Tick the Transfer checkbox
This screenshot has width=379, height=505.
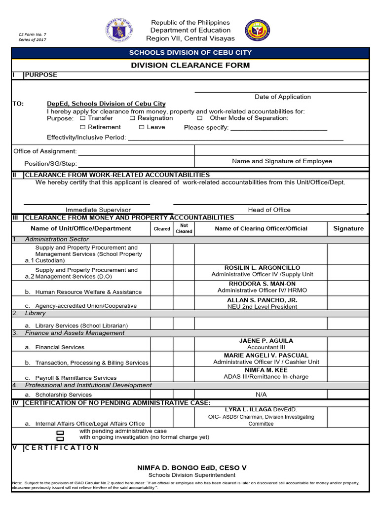click(82, 118)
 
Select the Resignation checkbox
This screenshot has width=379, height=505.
click(132, 118)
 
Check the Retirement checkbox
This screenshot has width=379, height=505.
click(82, 128)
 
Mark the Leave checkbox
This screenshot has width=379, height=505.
click(141, 128)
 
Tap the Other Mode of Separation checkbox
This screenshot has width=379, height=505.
click(200, 118)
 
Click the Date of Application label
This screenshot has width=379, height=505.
click(282, 97)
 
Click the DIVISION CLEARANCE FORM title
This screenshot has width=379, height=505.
click(190, 65)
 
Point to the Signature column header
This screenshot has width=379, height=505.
click(348, 228)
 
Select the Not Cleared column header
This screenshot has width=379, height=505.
click(184, 228)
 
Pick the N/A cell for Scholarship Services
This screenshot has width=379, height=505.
click(261, 395)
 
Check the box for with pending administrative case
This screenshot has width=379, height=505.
click(60, 432)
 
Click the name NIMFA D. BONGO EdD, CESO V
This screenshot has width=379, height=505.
click(191, 468)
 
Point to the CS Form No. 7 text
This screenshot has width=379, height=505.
click(32, 35)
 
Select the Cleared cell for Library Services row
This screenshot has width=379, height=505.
click(161, 324)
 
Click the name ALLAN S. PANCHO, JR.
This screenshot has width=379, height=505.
click(262, 300)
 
